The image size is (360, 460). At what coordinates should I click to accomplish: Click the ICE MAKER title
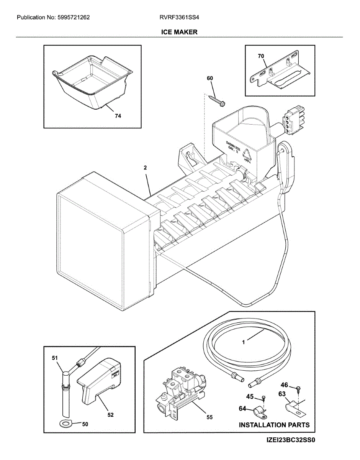tap(179, 32)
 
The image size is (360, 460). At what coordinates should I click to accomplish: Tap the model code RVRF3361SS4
tap(180, 17)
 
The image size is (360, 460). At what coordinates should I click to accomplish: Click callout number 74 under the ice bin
tap(118, 117)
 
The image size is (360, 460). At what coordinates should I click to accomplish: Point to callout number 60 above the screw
tap(209, 79)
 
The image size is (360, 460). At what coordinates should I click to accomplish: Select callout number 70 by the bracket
tap(261, 56)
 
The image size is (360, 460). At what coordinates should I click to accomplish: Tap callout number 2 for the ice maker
tap(146, 168)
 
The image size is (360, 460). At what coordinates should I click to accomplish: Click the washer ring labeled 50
tap(67, 423)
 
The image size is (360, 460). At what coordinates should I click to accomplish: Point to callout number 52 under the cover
tap(110, 414)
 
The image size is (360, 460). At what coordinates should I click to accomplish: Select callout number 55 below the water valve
tap(209, 417)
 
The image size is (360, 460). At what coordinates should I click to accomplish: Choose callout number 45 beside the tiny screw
tap(250, 396)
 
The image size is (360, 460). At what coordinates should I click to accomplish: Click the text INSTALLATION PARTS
tap(274, 425)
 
